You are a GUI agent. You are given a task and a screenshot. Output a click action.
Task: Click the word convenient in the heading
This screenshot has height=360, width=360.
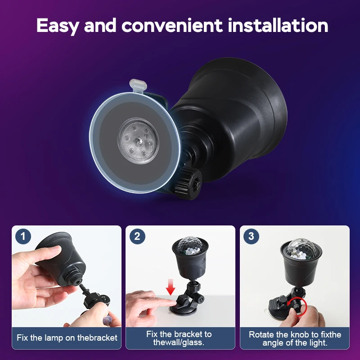pyautogui.click(x=172, y=26)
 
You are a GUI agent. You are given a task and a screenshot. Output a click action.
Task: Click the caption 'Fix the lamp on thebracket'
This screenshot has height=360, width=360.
pyautogui.click(x=67, y=337)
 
